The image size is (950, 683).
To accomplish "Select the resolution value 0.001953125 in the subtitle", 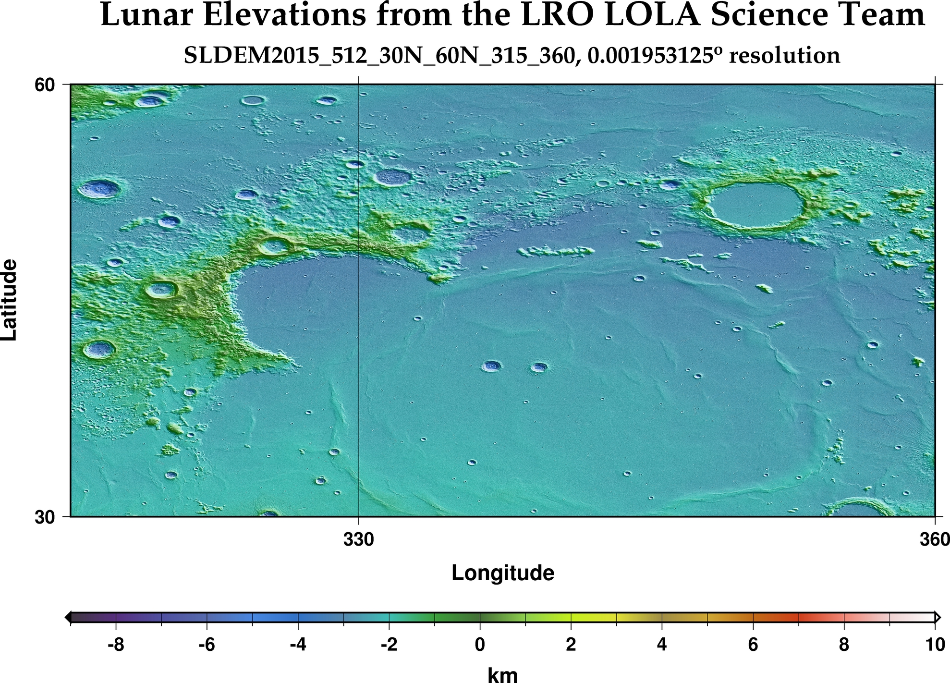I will click(x=648, y=56).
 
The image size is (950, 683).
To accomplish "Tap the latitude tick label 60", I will click(x=44, y=85).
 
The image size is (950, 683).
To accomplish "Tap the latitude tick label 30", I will click(x=44, y=518).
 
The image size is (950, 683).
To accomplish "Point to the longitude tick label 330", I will click(x=358, y=540).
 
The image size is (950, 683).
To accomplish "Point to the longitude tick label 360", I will click(x=934, y=540).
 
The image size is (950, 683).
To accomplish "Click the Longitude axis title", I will click(x=502, y=573).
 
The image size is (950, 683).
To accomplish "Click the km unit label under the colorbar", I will click(x=502, y=675).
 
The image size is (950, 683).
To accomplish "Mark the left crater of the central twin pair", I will click(x=491, y=366).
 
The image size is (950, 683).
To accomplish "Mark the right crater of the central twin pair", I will click(x=539, y=367).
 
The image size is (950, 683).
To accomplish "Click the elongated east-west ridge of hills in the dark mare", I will click(x=555, y=251).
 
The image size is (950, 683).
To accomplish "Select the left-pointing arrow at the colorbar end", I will click(x=68, y=617).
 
